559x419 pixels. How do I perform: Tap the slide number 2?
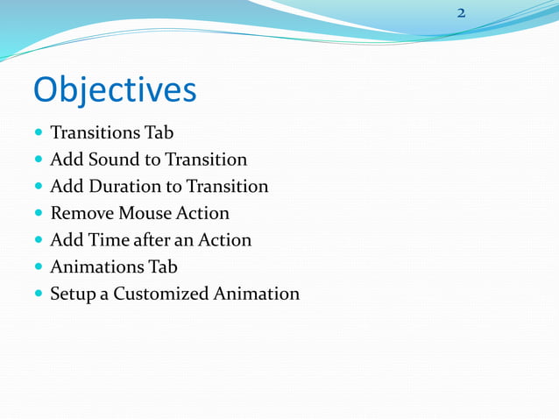click(x=461, y=13)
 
